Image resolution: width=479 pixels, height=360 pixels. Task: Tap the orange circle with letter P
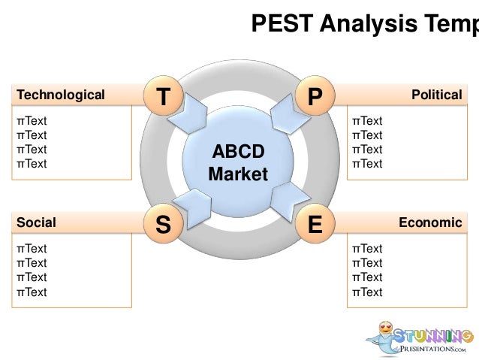(315, 95)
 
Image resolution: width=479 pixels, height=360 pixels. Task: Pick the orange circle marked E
(315, 224)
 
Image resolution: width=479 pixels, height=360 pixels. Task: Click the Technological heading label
(61, 95)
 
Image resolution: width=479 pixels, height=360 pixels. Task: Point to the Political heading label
(436, 95)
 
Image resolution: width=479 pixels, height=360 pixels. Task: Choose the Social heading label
(36, 222)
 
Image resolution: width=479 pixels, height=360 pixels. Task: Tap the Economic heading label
(430, 222)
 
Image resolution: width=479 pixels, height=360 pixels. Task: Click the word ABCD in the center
(238, 153)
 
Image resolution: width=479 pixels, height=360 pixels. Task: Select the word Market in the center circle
(238, 175)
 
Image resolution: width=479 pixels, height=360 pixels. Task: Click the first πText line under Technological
(32, 121)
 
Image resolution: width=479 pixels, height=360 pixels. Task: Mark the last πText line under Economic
(367, 292)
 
